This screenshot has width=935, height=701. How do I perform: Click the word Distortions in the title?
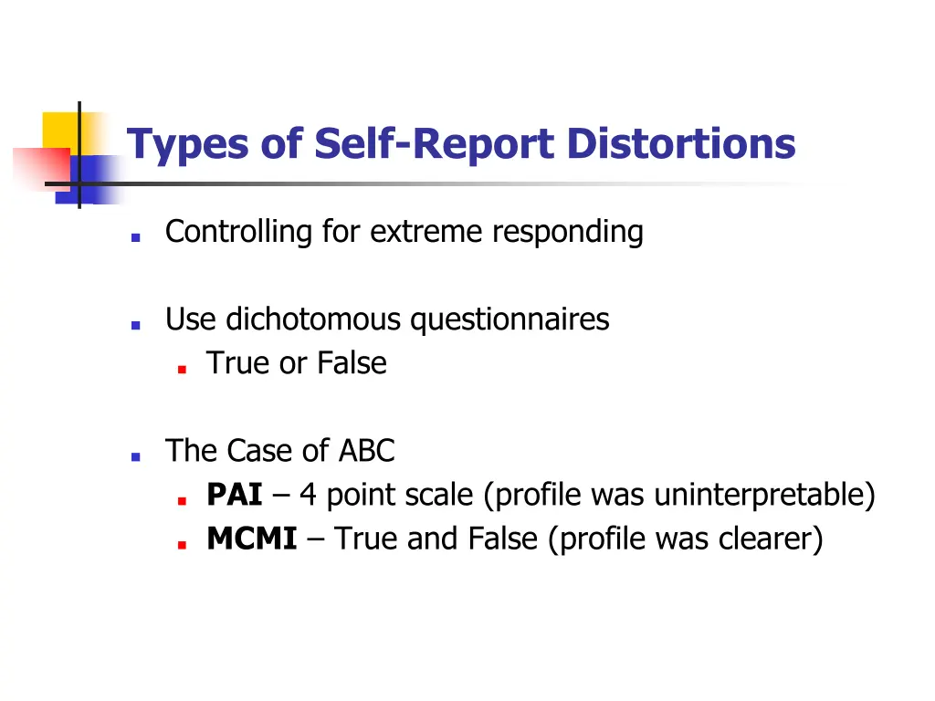680,144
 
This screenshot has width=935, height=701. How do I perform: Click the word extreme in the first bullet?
429,232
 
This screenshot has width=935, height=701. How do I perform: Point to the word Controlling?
238,232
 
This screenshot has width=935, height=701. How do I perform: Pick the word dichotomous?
313,319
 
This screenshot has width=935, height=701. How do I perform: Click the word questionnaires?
510,319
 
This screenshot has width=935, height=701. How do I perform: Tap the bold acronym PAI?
235,496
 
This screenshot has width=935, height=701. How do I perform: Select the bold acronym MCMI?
252,539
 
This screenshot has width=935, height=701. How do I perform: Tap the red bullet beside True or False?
183,369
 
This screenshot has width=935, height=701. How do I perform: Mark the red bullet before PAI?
183,501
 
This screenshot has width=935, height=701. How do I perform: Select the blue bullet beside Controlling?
135,236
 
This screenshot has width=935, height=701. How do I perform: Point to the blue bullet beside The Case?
135,456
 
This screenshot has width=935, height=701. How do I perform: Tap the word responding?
568,232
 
